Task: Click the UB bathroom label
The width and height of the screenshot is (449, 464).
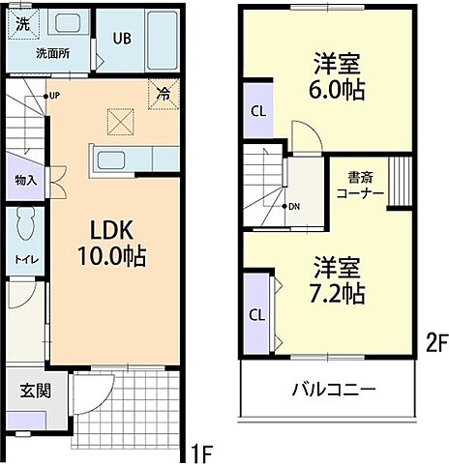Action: click(121, 39)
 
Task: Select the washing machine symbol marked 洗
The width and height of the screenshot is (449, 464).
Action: click(21, 21)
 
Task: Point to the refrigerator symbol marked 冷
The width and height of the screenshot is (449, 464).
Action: click(163, 95)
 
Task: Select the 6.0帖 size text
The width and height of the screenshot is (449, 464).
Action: click(335, 90)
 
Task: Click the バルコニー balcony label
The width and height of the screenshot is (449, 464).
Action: click(335, 391)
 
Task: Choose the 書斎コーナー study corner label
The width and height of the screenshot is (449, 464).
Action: click(360, 185)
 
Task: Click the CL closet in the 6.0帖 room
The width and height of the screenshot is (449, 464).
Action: click(257, 109)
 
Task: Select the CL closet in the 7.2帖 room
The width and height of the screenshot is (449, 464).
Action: click(257, 314)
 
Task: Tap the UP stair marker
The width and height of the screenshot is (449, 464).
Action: click(54, 96)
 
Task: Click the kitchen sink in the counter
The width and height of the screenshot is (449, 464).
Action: click(114, 159)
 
